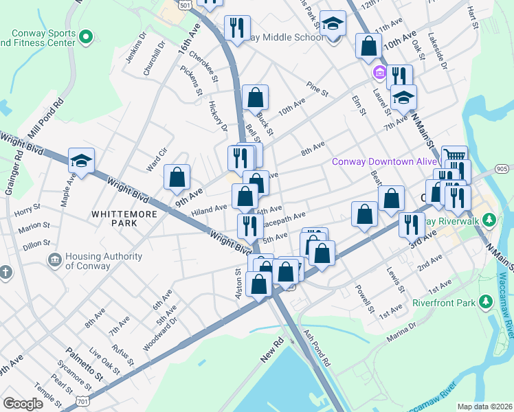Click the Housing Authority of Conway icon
point(54,260)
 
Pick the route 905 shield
point(502,168)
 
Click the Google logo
point(23,404)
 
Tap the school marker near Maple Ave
point(81,162)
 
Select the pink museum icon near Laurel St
point(379,72)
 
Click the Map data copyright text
point(484,406)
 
